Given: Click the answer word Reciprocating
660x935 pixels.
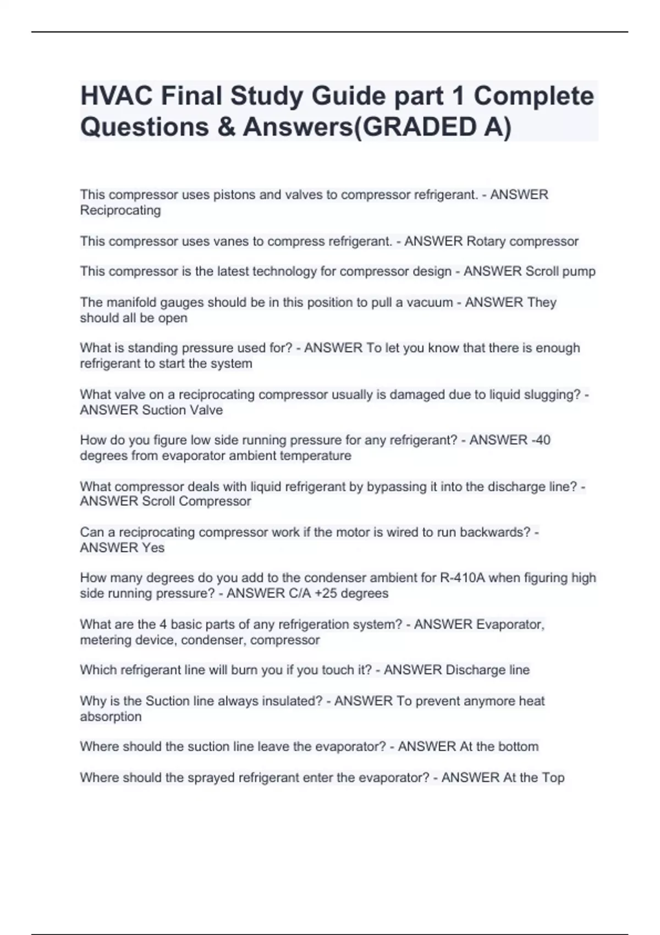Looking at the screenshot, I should pos(120,211).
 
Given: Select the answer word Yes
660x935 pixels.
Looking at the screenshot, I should pos(153,548).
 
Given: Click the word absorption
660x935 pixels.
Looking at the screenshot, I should pos(111,717).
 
